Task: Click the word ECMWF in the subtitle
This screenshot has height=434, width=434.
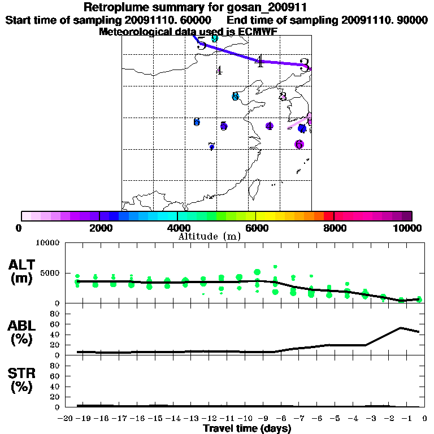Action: click(x=259, y=32)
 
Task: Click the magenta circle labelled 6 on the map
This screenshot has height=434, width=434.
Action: click(x=299, y=145)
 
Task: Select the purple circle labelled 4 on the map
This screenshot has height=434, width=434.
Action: click(x=270, y=126)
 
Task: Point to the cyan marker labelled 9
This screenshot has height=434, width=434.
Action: click(x=214, y=38)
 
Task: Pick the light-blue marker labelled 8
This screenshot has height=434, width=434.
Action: click(x=235, y=97)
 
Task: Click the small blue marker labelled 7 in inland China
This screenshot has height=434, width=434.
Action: click(x=211, y=146)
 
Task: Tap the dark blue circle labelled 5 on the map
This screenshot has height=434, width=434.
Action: click(x=224, y=126)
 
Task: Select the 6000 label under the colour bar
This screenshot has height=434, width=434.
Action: click(x=255, y=228)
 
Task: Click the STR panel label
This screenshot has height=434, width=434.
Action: click(x=22, y=380)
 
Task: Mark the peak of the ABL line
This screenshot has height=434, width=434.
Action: click(x=401, y=327)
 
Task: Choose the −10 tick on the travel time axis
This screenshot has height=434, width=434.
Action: click(x=240, y=419)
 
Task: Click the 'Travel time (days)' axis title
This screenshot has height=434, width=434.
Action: click(x=247, y=429)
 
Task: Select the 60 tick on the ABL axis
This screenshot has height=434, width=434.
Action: click(x=56, y=324)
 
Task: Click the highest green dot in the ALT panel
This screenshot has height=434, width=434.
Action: click(x=275, y=266)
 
